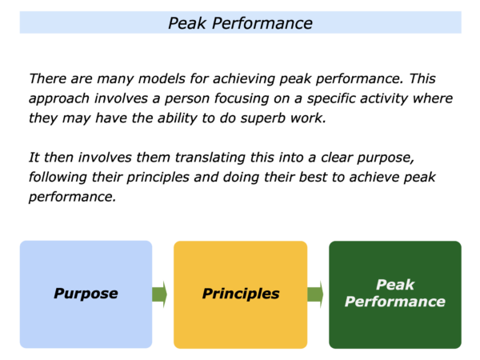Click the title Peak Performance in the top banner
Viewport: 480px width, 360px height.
pyautogui.click(x=240, y=23)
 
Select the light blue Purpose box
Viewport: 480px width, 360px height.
pyautogui.click(x=86, y=294)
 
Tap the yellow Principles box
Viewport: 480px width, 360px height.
pyautogui.click(x=240, y=294)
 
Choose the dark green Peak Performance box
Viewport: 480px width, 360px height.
pyautogui.click(x=395, y=294)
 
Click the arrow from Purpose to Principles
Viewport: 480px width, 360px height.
pyautogui.click(x=159, y=294)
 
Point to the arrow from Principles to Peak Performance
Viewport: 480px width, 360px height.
pyautogui.click(x=315, y=294)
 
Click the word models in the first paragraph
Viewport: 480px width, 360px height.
pyautogui.click(x=162, y=78)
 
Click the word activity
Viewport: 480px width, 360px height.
pyautogui.click(x=386, y=98)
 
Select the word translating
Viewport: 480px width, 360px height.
pyautogui.click(x=210, y=158)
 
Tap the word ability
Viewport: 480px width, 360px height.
pyautogui.click(x=178, y=118)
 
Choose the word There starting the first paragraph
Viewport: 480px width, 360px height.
pyautogui.click(x=48, y=78)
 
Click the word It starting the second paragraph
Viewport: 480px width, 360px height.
pyautogui.click(x=34, y=158)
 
